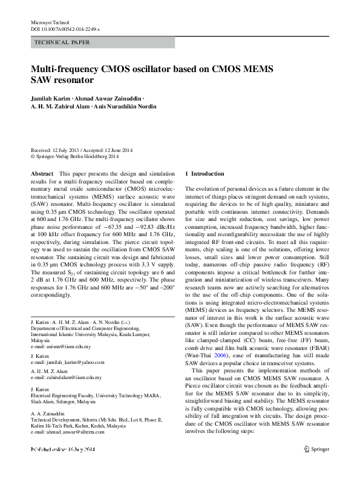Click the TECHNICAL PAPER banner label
tap(63, 42)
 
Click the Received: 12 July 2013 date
tap(56, 150)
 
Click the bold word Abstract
tap(42, 174)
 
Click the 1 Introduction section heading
tap(208, 174)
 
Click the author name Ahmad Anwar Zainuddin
tap(113, 98)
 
